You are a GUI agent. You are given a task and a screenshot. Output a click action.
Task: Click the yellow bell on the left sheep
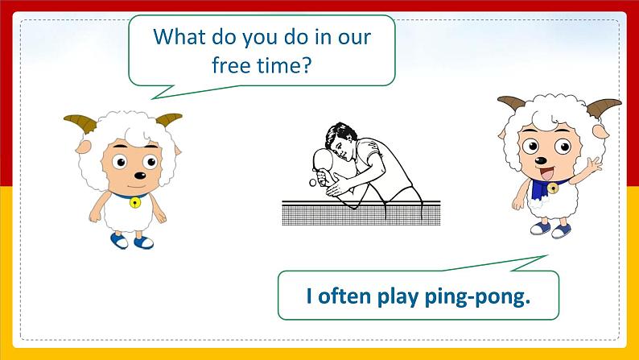[x=135, y=202]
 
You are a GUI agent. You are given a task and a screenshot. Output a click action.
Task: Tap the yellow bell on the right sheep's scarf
[x=553, y=188]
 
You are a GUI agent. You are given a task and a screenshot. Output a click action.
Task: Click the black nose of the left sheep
[x=140, y=176]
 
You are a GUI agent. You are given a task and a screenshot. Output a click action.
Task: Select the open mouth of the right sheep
[x=546, y=173]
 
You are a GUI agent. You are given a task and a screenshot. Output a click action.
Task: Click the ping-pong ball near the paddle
[x=312, y=183]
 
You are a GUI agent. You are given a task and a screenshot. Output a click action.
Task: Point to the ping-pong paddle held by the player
[x=324, y=163]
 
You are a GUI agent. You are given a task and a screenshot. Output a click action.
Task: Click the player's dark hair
[x=339, y=133]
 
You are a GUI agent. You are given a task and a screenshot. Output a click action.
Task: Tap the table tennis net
[x=361, y=213]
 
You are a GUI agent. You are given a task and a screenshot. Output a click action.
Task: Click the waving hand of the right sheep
[x=594, y=164]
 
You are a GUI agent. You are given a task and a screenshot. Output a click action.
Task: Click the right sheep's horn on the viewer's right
[x=602, y=107]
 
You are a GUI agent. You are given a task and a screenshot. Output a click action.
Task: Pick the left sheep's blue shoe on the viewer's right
[x=144, y=242]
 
